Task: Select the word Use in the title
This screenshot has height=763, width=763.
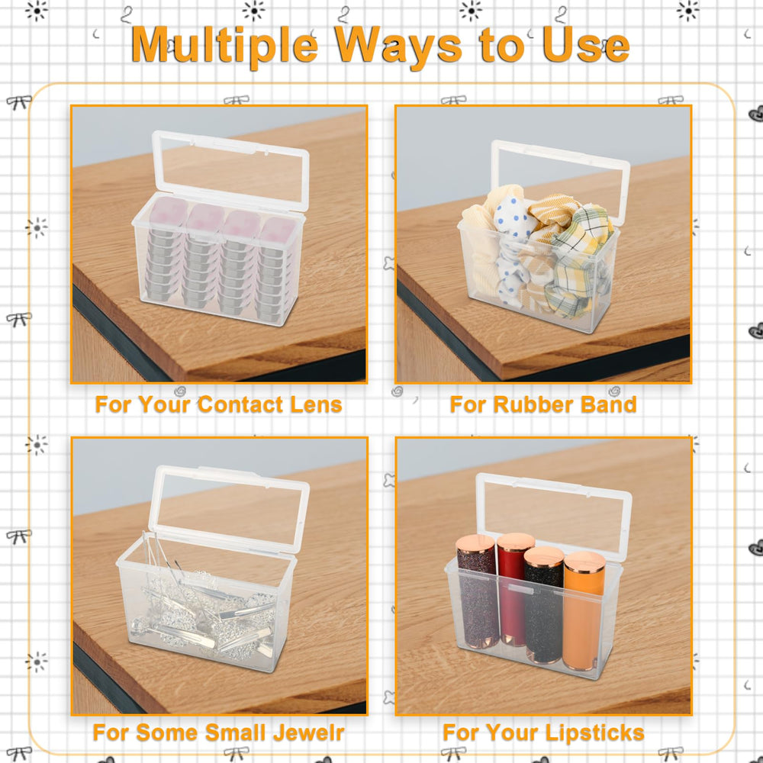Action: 586,45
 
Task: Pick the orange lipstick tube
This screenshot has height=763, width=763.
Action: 584,611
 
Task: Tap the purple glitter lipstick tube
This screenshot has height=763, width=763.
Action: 477,591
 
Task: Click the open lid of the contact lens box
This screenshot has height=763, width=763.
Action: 231,170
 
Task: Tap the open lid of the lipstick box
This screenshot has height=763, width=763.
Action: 554,515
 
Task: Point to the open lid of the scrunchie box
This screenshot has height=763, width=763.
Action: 559,180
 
